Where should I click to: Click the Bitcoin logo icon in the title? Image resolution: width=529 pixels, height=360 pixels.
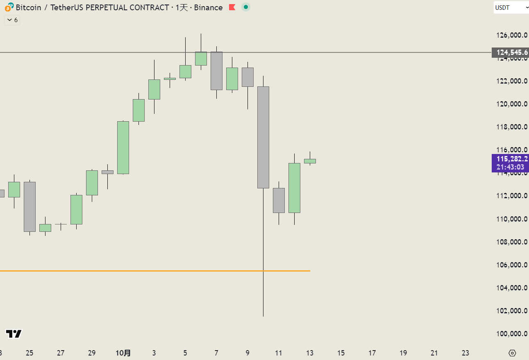(9, 7)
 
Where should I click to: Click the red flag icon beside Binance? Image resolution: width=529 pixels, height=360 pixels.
(232, 7)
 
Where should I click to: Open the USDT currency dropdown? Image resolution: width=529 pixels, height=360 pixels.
(511, 7)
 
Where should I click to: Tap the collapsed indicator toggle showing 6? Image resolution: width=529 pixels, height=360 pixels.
(12, 20)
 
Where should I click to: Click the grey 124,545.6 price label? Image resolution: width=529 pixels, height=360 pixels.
(510, 52)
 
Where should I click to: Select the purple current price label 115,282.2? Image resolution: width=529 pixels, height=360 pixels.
(510, 159)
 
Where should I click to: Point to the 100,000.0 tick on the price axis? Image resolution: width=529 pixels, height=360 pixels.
(511, 334)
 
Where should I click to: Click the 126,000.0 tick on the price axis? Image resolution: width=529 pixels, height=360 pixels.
(511, 35)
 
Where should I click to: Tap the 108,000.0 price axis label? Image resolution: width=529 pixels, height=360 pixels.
(511, 242)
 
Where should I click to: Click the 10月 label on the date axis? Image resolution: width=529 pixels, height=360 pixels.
(123, 353)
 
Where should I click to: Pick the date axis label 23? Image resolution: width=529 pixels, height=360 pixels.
(465, 353)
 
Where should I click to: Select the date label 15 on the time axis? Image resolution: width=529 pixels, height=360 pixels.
(341, 353)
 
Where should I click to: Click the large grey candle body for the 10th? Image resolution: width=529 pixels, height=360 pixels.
(263, 137)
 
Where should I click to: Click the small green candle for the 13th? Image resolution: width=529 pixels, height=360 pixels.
(310, 161)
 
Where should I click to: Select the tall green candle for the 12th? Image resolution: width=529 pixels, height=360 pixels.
(294, 188)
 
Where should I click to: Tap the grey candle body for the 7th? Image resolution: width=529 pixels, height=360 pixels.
(216, 70)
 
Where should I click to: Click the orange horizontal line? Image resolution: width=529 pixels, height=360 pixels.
(123, 271)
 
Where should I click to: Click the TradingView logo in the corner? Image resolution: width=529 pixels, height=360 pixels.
(14, 334)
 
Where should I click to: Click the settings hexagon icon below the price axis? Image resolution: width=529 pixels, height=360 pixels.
(512, 353)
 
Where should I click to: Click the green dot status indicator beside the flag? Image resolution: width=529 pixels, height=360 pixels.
(245, 7)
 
